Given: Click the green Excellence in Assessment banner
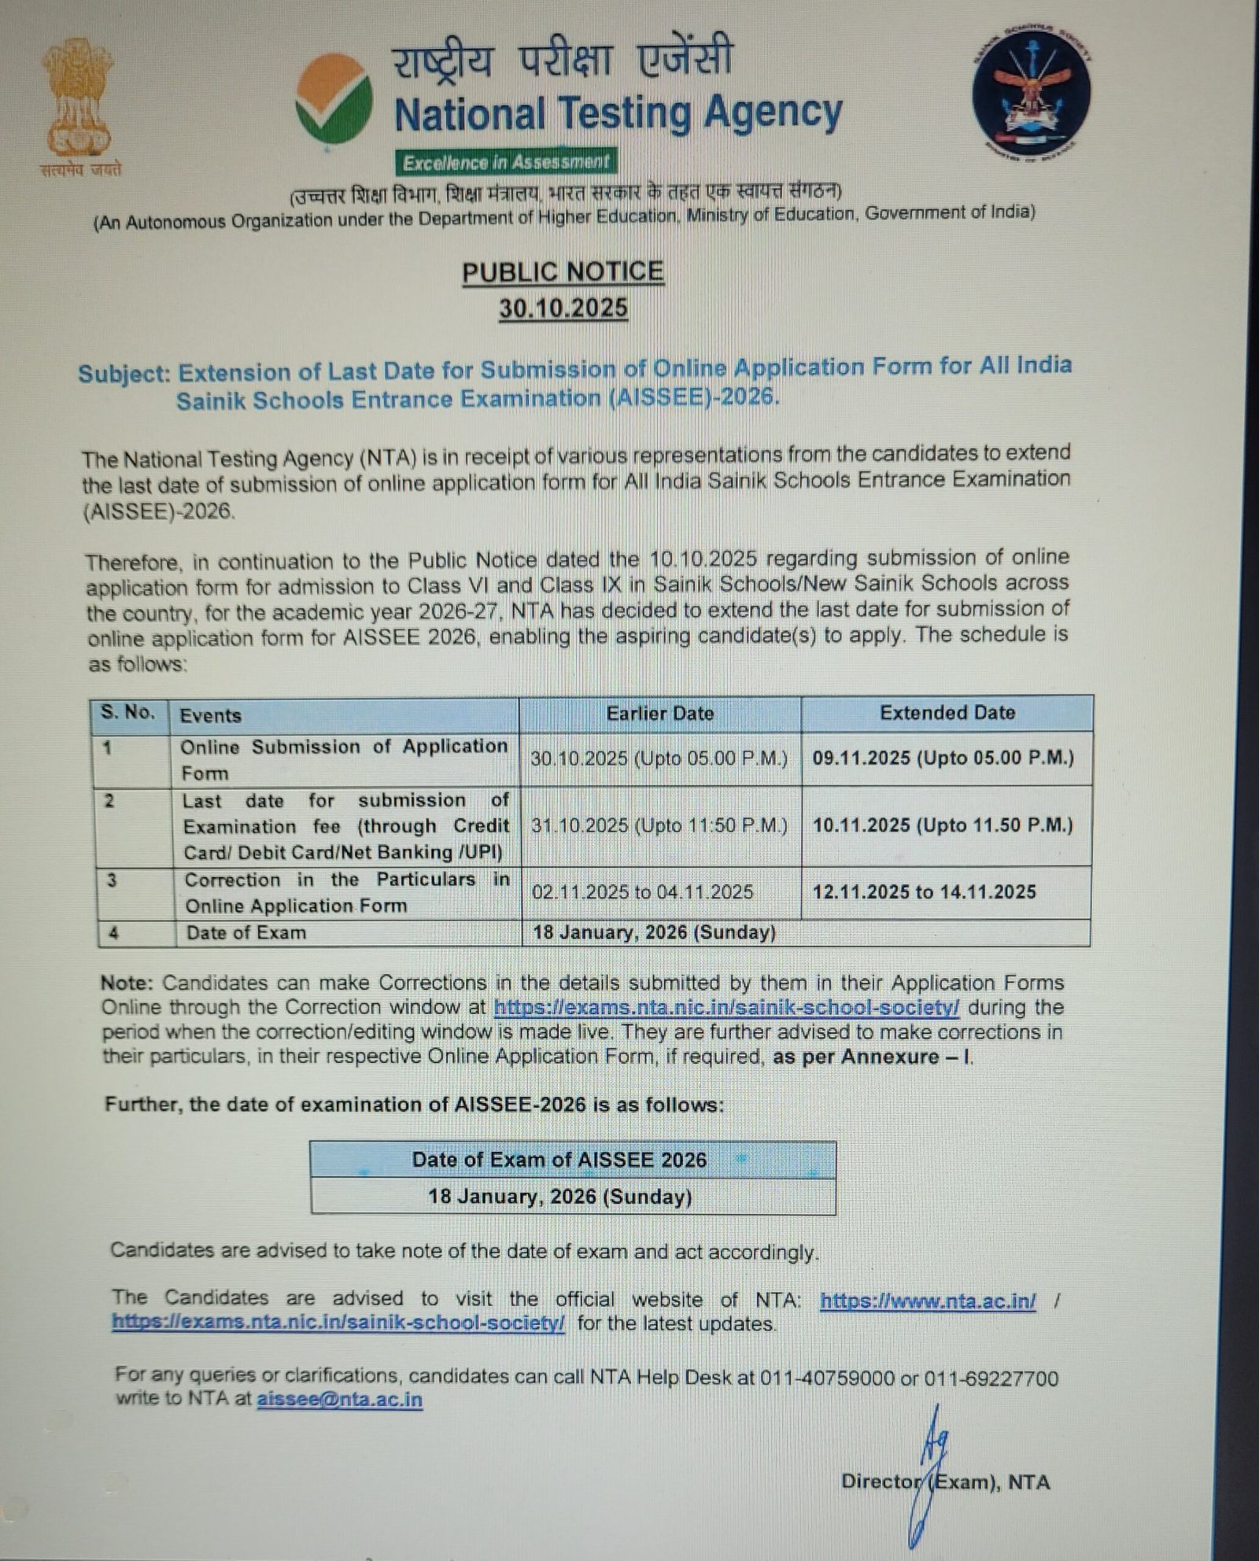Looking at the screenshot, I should coord(506,162).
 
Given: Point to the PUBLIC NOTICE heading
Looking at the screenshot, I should coord(563,272).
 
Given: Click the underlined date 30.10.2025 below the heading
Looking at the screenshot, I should coord(563,308).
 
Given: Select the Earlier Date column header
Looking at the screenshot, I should coord(659,714).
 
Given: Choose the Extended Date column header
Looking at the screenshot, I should coord(947,713).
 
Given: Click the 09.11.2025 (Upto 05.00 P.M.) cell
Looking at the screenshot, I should coord(943,758).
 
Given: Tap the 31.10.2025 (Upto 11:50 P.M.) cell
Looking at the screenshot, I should coord(659,825).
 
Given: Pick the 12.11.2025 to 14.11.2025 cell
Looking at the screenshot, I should coord(924,891).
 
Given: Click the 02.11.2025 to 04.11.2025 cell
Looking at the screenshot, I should coord(642,892).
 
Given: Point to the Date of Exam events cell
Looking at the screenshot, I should coord(246,933).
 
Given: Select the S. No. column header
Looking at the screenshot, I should coord(127,713).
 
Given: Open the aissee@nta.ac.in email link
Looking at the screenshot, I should coord(339,1400).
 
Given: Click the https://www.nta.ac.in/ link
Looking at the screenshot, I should coord(928,1301).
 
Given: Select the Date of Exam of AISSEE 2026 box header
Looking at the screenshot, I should coord(559,1160).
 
